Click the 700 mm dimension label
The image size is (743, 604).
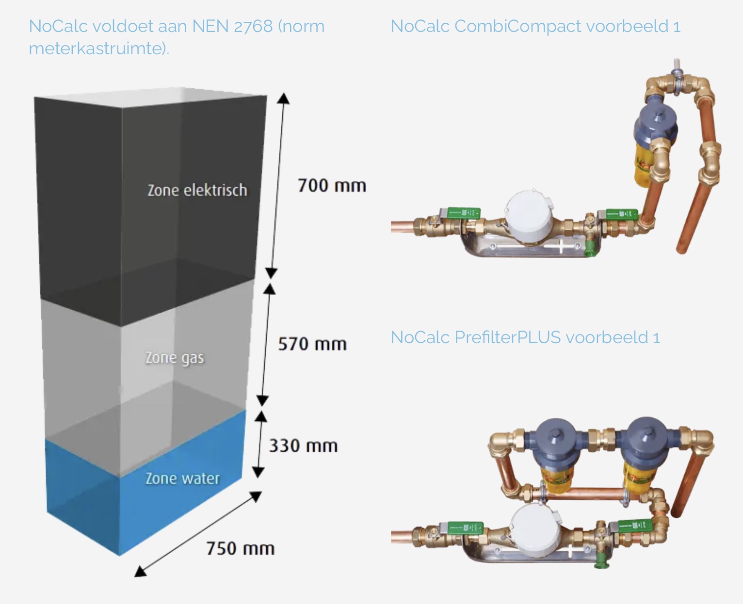click(x=332, y=186)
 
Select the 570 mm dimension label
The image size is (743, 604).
click(x=312, y=344)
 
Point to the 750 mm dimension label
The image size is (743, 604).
click(x=241, y=549)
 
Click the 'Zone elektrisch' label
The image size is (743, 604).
click(x=197, y=190)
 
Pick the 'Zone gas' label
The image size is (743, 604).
click(x=175, y=358)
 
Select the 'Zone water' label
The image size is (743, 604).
click(x=182, y=478)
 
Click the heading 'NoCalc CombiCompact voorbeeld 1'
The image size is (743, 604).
click(x=535, y=26)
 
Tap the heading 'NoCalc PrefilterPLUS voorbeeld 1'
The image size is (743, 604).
click(x=525, y=337)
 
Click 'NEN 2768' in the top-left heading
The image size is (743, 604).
click(x=232, y=26)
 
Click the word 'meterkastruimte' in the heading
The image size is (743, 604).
click(x=97, y=48)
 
